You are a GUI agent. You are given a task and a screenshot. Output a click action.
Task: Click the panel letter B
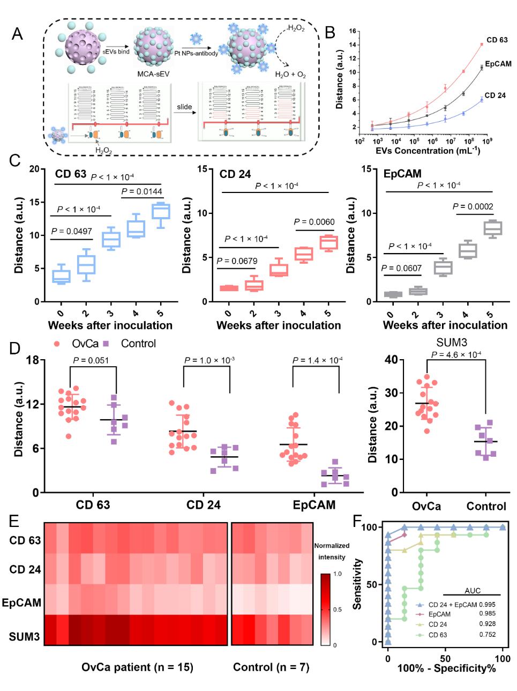(x=330, y=33)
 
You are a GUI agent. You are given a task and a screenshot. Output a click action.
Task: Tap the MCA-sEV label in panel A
(x=154, y=73)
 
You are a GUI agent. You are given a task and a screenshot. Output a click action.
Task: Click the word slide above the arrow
(x=184, y=107)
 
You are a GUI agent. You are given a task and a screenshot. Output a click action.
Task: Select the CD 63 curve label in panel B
(x=497, y=40)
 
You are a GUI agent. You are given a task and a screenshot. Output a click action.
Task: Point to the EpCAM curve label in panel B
(x=498, y=64)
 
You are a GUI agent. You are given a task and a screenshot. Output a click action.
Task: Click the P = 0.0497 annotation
(x=72, y=232)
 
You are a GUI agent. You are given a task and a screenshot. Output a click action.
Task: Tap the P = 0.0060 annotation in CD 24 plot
(x=314, y=221)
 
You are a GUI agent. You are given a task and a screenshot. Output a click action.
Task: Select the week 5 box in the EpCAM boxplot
(x=492, y=227)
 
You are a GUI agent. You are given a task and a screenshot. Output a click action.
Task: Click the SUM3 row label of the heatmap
(x=25, y=637)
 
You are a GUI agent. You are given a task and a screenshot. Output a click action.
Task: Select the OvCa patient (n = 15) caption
(x=137, y=667)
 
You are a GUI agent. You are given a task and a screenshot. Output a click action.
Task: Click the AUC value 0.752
(x=487, y=635)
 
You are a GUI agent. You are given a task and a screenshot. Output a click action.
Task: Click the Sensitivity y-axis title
(x=357, y=584)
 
